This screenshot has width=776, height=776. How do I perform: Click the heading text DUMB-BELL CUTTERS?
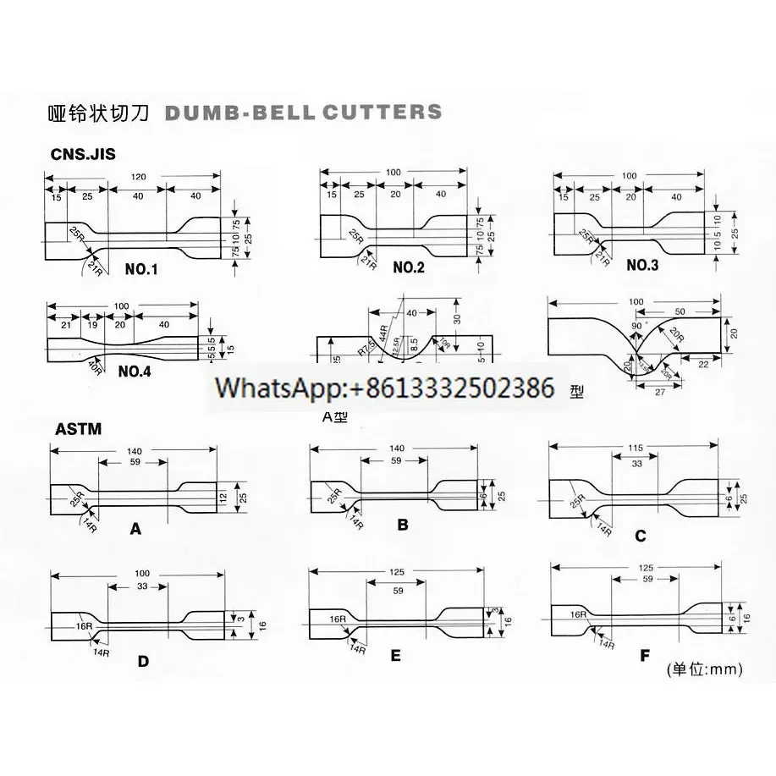pos(301,113)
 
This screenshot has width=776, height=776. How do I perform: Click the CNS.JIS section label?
pos(84,154)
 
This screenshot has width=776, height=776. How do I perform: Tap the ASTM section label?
pos(79,429)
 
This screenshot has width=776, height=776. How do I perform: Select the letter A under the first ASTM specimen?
pos(135,530)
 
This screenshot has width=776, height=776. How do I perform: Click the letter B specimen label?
pos(403,525)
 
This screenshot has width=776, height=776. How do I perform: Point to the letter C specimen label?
pos(640,535)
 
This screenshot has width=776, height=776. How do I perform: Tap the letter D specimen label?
pos(143,661)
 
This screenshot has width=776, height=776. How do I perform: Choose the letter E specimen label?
pos(394,656)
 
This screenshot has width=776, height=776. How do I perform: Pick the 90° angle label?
pos(636,325)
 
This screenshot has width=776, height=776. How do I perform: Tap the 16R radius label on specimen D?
pos(83,627)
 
